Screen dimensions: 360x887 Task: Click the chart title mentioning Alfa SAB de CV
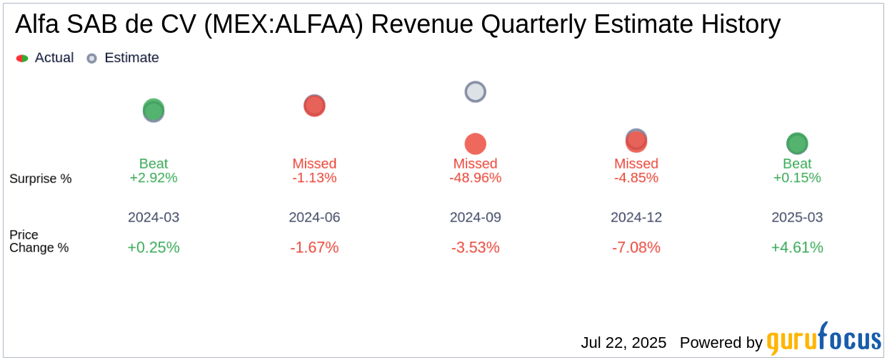pyautogui.click(x=397, y=25)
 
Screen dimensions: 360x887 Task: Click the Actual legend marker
pyautogui.click(x=22, y=58)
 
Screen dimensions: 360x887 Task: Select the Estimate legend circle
pyautogui.click(x=91, y=58)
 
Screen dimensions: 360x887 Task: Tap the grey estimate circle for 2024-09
pyautogui.click(x=475, y=91)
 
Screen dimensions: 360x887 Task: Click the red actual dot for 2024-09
pyautogui.click(x=475, y=144)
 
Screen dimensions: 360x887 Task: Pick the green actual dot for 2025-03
pyautogui.click(x=797, y=143)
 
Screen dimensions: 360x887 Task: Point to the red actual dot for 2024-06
pyautogui.click(x=314, y=106)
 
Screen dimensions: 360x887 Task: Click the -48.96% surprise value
pyautogui.click(x=475, y=178)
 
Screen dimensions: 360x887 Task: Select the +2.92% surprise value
pyautogui.click(x=154, y=178)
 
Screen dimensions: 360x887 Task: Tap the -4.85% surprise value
pyautogui.click(x=636, y=178)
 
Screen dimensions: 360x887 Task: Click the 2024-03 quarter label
pyautogui.click(x=154, y=217)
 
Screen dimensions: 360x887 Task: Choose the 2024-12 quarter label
pyautogui.click(x=636, y=217)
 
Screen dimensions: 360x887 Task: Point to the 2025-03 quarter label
pyautogui.click(x=797, y=217)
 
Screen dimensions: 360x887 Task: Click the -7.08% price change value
pyautogui.click(x=636, y=248)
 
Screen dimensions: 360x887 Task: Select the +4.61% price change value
pyautogui.click(x=797, y=248)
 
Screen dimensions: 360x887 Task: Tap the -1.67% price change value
pyautogui.click(x=314, y=248)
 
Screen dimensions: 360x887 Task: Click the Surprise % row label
pyautogui.click(x=41, y=179)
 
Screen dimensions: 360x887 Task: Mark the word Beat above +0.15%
pyautogui.click(x=797, y=164)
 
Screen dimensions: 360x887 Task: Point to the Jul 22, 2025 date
pyautogui.click(x=623, y=343)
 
